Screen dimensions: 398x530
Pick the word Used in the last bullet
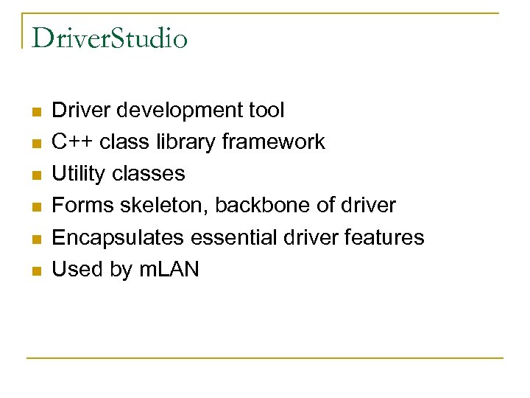point(77,269)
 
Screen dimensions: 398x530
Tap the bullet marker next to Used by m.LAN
point(35,271)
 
